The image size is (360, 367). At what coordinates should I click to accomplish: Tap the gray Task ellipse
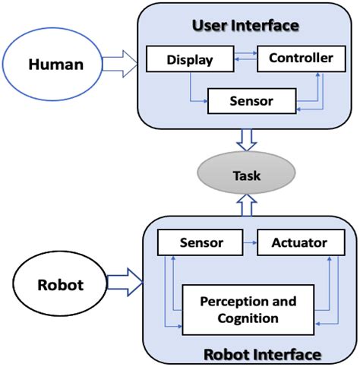pyautogui.click(x=247, y=176)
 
